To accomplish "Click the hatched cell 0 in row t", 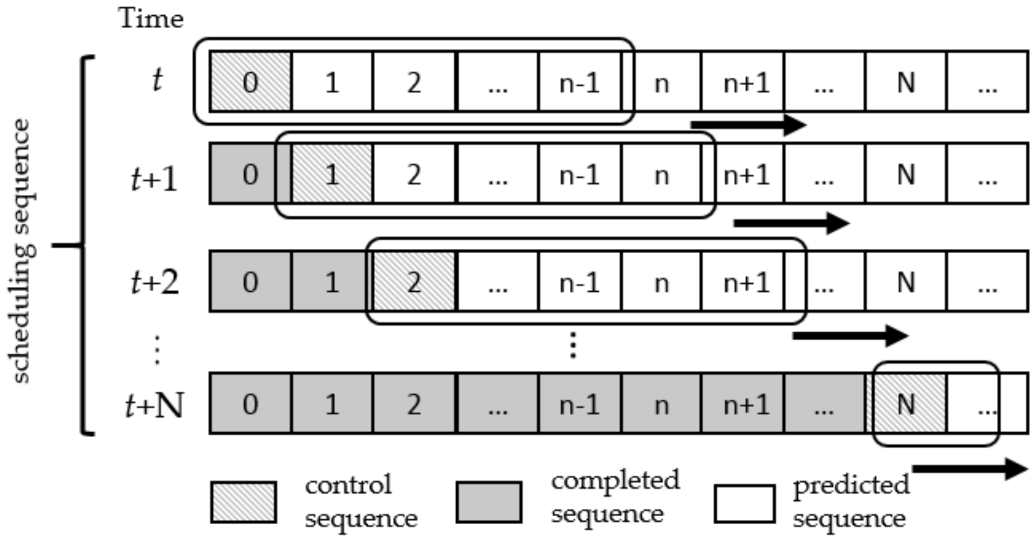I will pyautogui.click(x=251, y=82).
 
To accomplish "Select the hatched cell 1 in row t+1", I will pyautogui.click(x=332, y=174).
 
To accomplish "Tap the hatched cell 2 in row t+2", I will pyautogui.click(x=414, y=281).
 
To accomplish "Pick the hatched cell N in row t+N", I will pyautogui.click(x=906, y=404).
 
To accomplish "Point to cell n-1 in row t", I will pyautogui.click(x=579, y=82).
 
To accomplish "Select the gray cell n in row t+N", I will pyautogui.click(x=661, y=404).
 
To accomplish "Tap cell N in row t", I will pyautogui.click(x=906, y=82).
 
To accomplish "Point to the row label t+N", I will pyautogui.click(x=154, y=406).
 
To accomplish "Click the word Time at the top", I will pyautogui.click(x=151, y=19).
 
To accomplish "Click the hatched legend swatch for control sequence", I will pyautogui.click(x=243, y=502).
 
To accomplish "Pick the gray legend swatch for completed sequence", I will pyautogui.click(x=489, y=502).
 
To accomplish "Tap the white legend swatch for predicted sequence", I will pyautogui.click(x=744, y=503).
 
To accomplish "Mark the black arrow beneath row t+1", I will pyautogui.click(x=791, y=223).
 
